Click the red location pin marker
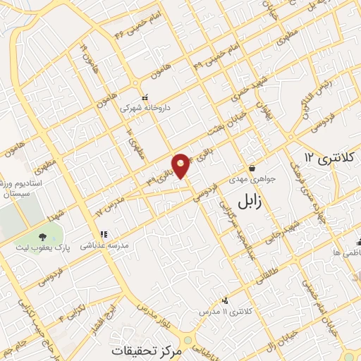coord(181,164)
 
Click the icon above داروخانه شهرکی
coord(145,98)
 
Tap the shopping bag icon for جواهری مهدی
coord(252,169)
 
